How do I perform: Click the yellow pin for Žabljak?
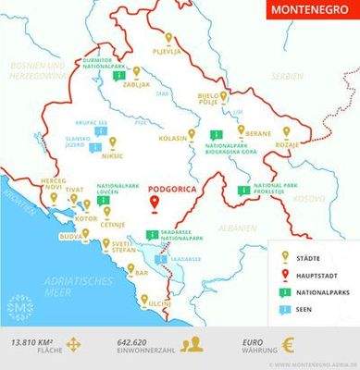[136, 70]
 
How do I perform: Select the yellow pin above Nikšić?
[113, 143]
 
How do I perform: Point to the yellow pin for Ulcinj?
[143, 300]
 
